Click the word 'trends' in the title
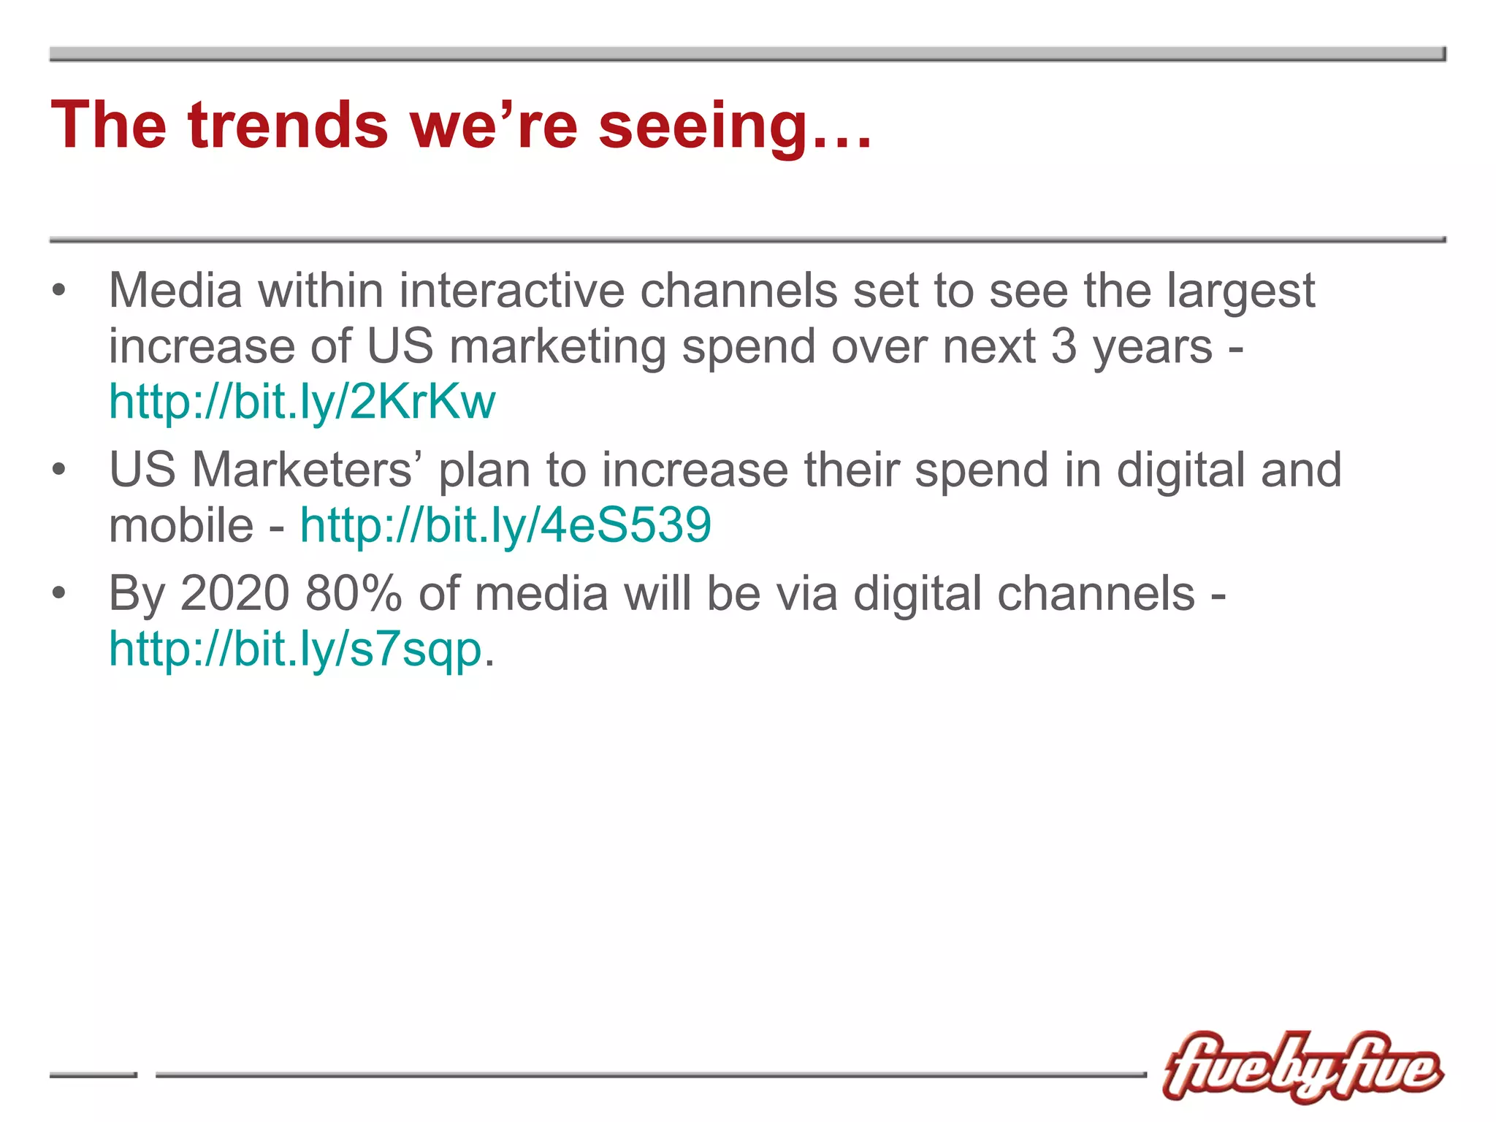(x=288, y=125)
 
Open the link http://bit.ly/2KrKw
(x=302, y=402)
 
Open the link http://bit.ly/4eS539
(x=505, y=525)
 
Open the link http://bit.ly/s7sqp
(x=295, y=649)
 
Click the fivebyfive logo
(x=1302, y=1067)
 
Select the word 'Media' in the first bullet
(x=175, y=290)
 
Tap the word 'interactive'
(x=511, y=290)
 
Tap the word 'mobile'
(x=181, y=525)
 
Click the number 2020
(x=234, y=592)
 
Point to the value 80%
(x=354, y=592)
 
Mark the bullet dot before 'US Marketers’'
(x=59, y=470)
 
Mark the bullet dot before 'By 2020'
(x=59, y=593)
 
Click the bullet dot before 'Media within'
(x=59, y=291)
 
